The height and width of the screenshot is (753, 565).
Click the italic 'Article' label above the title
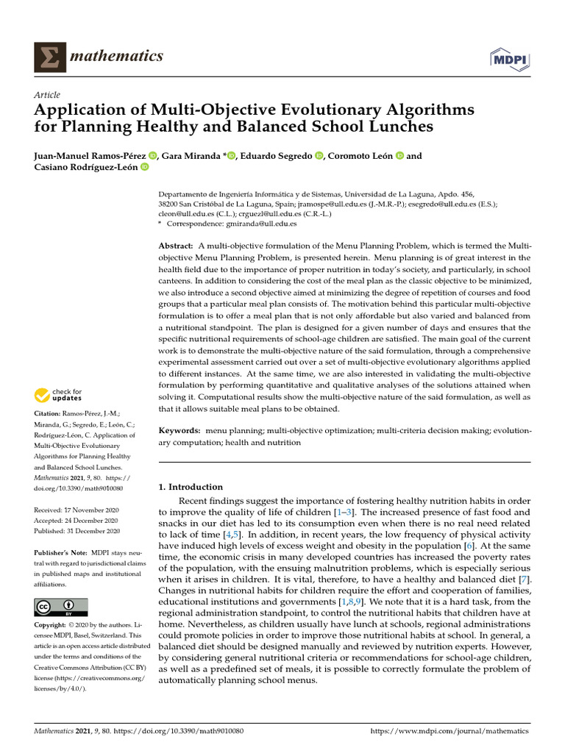[x=47, y=95]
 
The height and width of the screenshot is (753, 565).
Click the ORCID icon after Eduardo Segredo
[x=319, y=155]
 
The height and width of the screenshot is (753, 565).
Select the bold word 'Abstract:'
[x=177, y=244]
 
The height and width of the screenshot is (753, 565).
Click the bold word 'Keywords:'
[x=180, y=430]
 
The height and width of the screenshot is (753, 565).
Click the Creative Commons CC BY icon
[x=61, y=607]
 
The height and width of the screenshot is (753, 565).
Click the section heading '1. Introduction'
[x=191, y=487]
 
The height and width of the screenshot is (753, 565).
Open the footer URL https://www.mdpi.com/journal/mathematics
[x=450, y=732]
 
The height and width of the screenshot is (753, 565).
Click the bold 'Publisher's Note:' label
[x=62, y=552]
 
